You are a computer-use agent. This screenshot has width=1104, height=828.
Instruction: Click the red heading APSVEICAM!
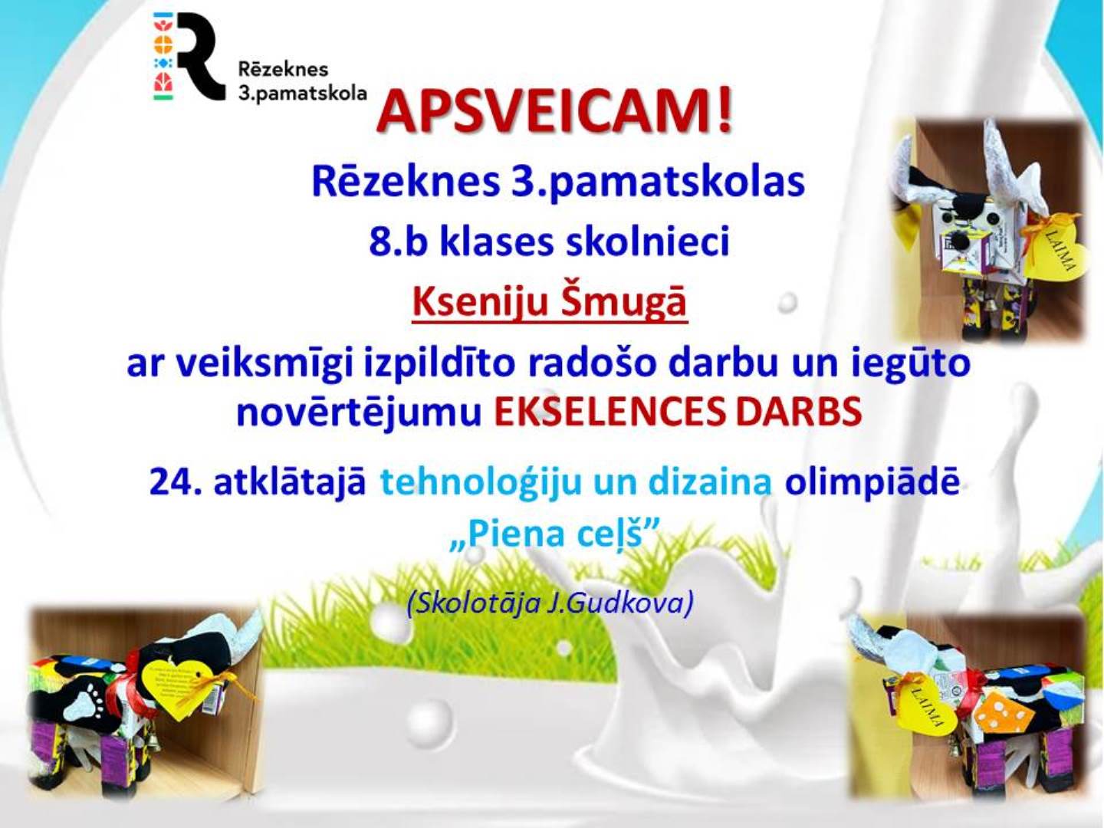coord(554,115)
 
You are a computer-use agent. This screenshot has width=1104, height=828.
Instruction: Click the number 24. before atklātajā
coord(176,483)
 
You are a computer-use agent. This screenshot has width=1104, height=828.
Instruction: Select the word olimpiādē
coord(872,483)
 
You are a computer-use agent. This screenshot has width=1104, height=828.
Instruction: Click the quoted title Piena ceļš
coord(554,535)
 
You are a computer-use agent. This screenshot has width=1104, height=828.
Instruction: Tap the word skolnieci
coord(649,242)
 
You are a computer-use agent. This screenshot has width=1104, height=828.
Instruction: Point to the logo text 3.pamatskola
coord(302,93)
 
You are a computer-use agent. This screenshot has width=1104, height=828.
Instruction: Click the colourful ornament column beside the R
coord(163,55)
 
